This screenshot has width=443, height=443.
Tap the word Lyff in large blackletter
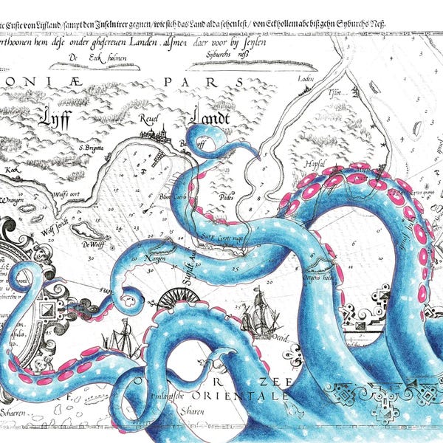click(x=55, y=117)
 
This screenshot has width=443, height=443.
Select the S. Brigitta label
click(x=92, y=148)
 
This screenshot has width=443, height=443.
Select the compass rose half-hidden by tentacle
click(x=176, y=295)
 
